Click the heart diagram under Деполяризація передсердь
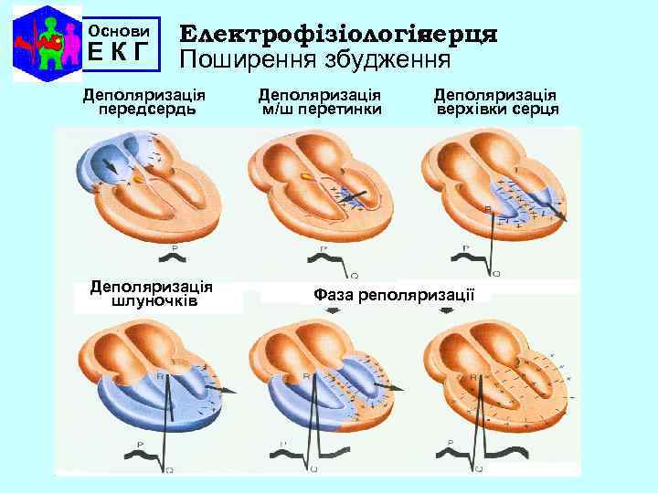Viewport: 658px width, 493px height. pyautogui.click(x=151, y=183)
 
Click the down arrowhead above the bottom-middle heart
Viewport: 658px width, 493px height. pyautogui.click(x=334, y=312)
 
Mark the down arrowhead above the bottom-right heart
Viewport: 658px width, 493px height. pyautogui.click(x=447, y=310)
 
